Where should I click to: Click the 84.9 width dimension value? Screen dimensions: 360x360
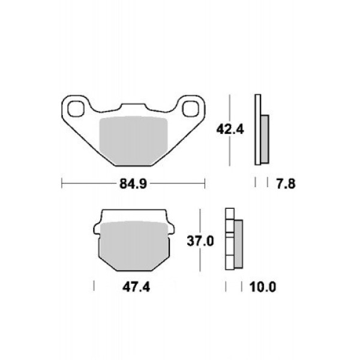(x=133, y=184)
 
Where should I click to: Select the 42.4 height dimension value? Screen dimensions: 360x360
(x=230, y=130)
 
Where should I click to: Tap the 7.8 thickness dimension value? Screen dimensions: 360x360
(x=286, y=184)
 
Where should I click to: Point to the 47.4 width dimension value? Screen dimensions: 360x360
(x=136, y=287)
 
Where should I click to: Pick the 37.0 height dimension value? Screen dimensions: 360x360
(x=200, y=241)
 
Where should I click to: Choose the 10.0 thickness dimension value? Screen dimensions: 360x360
(x=263, y=287)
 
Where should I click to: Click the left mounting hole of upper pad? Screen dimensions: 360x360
(x=76, y=109)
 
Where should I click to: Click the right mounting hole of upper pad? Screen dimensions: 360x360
(x=190, y=109)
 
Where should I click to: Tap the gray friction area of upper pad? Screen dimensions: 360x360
(x=133, y=140)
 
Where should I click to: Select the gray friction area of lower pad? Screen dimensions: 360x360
(x=134, y=245)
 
